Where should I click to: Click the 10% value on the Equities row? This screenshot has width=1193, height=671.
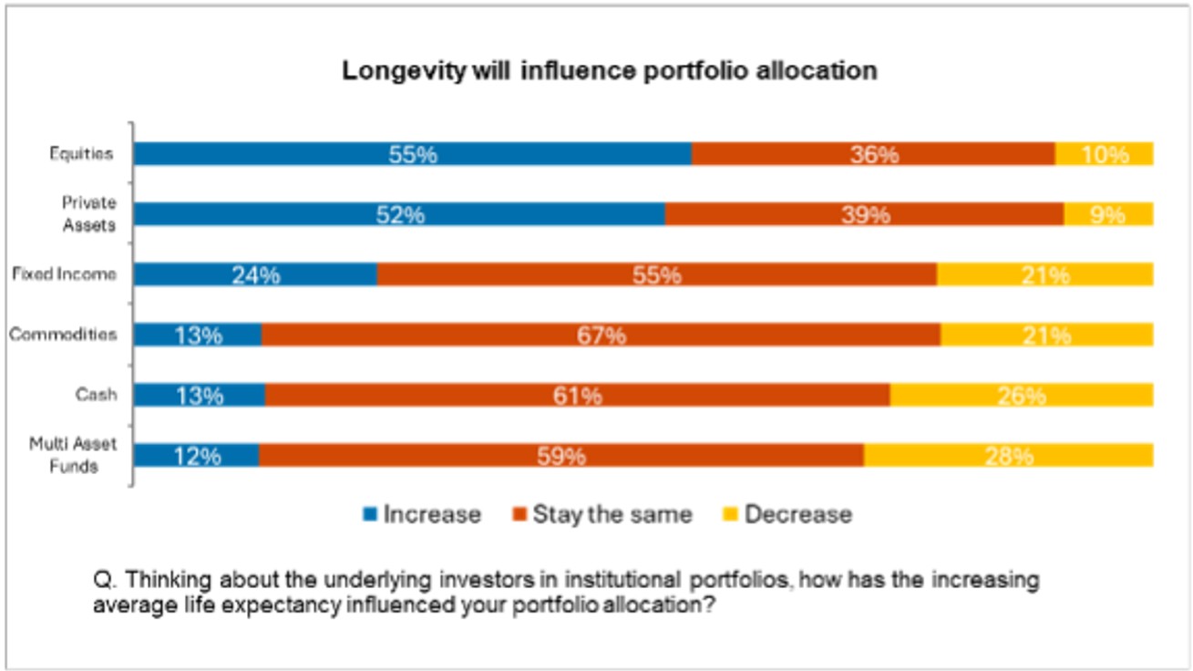pyautogui.click(x=1105, y=154)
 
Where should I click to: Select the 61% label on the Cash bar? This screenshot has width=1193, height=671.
pyautogui.click(x=578, y=396)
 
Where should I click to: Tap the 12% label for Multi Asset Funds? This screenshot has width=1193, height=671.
pyautogui.click(x=197, y=456)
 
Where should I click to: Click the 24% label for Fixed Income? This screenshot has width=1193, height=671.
pyautogui.click(x=255, y=274)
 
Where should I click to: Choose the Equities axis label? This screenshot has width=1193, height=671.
pyautogui.click(x=81, y=153)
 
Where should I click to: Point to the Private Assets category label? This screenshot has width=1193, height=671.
pyautogui.click(x=88, y=213)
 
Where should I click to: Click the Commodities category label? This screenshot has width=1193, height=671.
pyautogui.click(x=63, y=334)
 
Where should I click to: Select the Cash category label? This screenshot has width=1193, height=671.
pyautogui.click(x=96, y=395)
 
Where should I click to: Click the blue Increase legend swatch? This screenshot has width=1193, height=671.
pyautogui.click(x=370, y=514)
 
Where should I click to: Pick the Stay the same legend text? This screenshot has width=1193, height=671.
pyautogui.click(x=612, y=514)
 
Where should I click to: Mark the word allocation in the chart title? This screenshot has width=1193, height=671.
pyautogui.click(x=823, y=71)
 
